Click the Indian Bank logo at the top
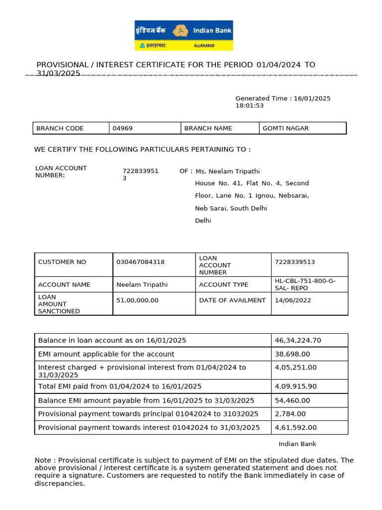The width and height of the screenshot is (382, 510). click(184, 35)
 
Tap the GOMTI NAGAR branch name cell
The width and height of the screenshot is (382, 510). click(286, 128)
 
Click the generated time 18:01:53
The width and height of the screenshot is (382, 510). click(249, 106)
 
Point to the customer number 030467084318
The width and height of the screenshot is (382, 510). click(140, 262)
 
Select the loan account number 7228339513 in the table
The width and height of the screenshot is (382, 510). click(294, 262)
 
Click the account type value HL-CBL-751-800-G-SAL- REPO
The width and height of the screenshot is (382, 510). click(305, 284)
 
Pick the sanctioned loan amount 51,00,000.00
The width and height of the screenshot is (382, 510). click(137, 300)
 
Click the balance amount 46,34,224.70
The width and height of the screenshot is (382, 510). click(298, 340)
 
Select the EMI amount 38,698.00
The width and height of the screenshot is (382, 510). click(292, 354)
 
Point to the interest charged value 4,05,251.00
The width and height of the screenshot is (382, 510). click(295, 368)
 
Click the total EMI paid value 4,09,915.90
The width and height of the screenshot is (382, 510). click(295, 386)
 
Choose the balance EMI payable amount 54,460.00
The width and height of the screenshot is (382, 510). click(292, 400)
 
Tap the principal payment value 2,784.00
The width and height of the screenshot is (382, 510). click(290, 414)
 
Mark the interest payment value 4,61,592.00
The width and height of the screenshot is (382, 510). click(295, 427)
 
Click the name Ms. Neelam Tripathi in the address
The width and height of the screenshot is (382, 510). click(228, 171)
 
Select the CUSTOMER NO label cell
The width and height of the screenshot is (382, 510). click(62, 262)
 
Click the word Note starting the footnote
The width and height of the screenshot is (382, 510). click(43, 461)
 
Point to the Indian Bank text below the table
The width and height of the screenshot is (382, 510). click(297, 444)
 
